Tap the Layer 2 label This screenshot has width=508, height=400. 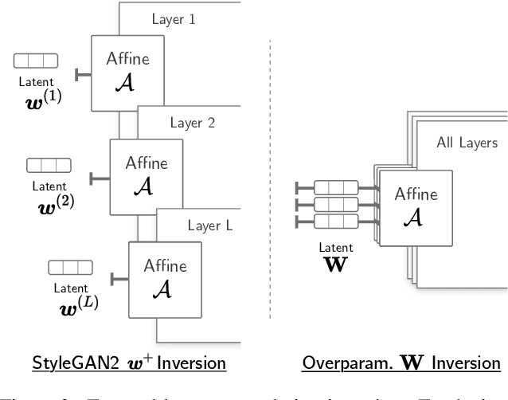coord(191,123)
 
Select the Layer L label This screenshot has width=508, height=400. coord(210,225)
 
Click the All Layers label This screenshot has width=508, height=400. coord(467,143)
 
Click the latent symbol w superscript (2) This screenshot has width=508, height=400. coord(53,202)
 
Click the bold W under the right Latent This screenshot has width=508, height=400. coord(336,264)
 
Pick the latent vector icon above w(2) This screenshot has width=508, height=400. coord(49,165)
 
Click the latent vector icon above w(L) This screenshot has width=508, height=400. coord(70,267)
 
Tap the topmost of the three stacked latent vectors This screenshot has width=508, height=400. coord(335,188)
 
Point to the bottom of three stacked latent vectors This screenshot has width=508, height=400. coord(335,220)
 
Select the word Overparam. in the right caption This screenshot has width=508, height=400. coord(345,364)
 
